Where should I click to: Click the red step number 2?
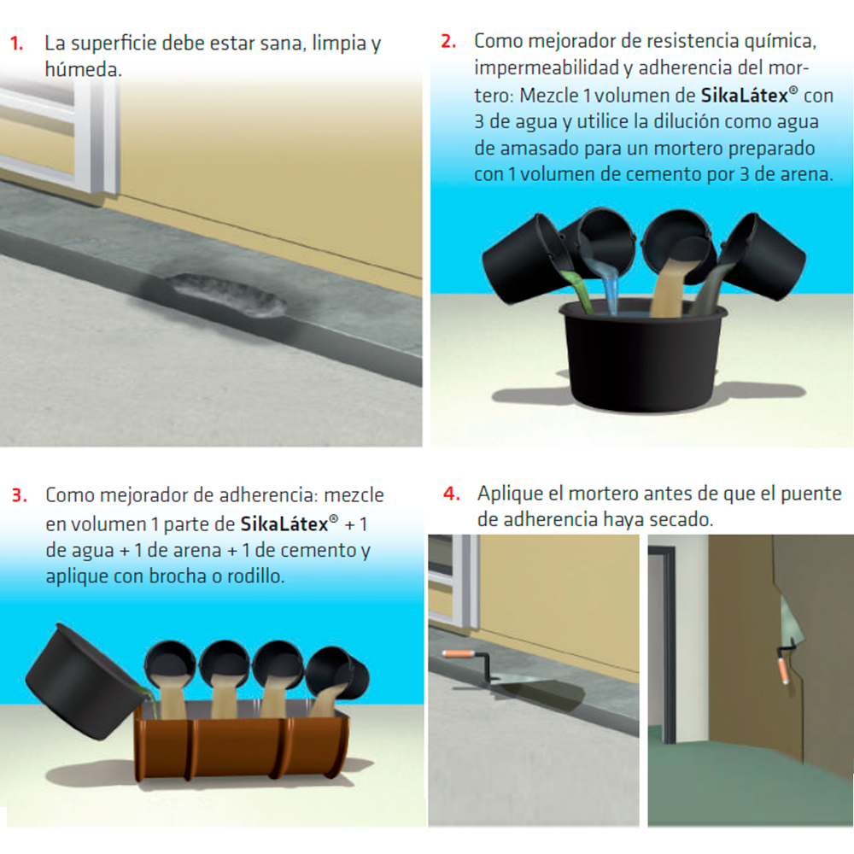tap(448, 41)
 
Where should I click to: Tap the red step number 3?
tap(19, 495)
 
